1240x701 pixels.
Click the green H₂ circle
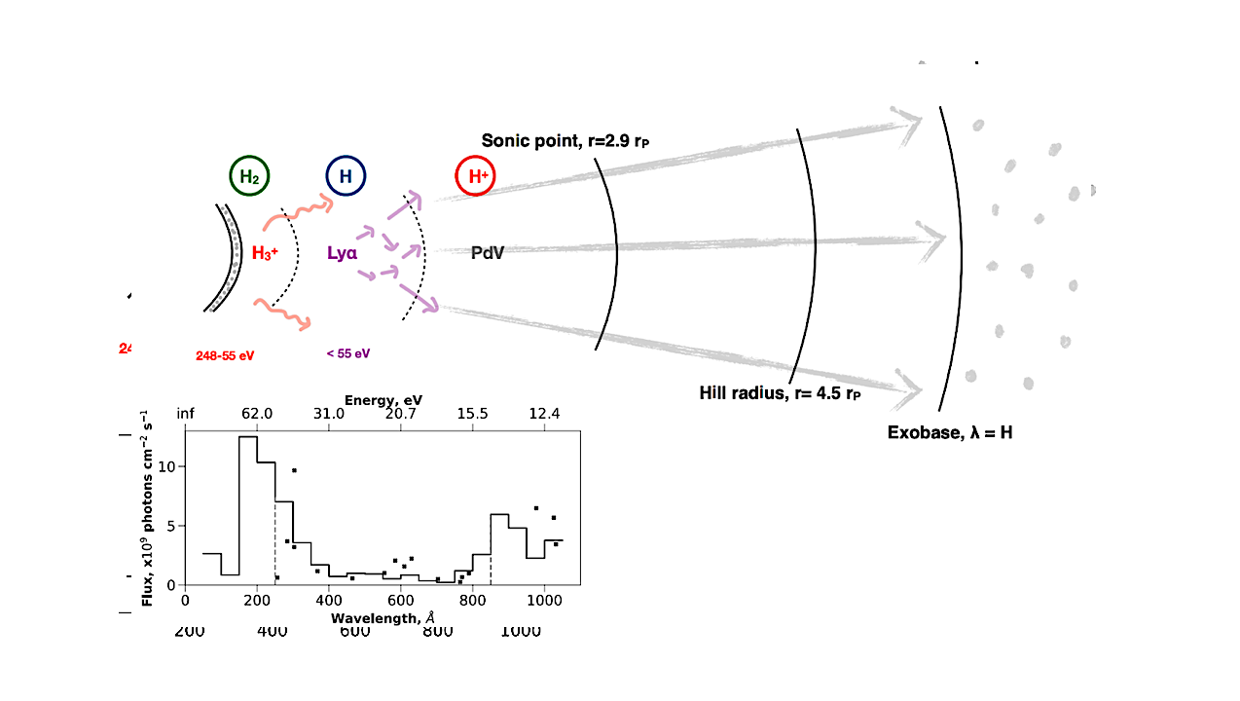coord(249,177)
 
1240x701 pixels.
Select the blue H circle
coord(345,177)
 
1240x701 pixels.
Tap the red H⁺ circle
coord(477,177)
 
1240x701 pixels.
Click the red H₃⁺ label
coord(267,253)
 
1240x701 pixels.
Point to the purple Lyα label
coord(342,253)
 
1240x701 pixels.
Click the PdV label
coord(487,253)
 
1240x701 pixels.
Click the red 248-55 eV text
coord(225,355)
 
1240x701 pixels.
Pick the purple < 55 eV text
coord(348,353)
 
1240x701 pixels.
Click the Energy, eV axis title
coord(383,400)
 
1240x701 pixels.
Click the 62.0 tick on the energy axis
coord(257,415)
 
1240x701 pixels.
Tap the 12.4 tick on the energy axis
coord(544,415)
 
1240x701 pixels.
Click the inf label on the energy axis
coord(185,415)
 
